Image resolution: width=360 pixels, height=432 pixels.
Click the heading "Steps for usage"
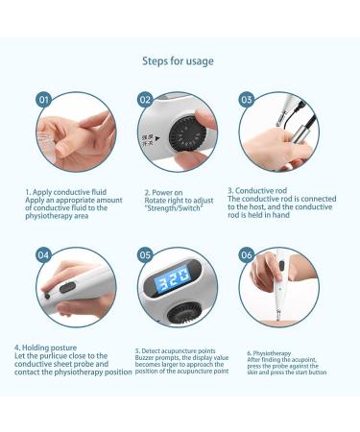point(179,61)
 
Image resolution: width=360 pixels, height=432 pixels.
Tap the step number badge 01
point(43,99)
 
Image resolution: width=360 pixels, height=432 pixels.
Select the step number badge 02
point(145,99)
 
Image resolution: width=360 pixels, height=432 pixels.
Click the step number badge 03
point(247,99)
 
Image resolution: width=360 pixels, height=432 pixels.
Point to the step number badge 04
point(43,255)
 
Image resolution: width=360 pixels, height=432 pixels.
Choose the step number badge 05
point(145,255)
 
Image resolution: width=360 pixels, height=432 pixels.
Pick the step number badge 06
point(247,255)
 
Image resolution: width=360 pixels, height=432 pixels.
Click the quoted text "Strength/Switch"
point(177,208)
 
